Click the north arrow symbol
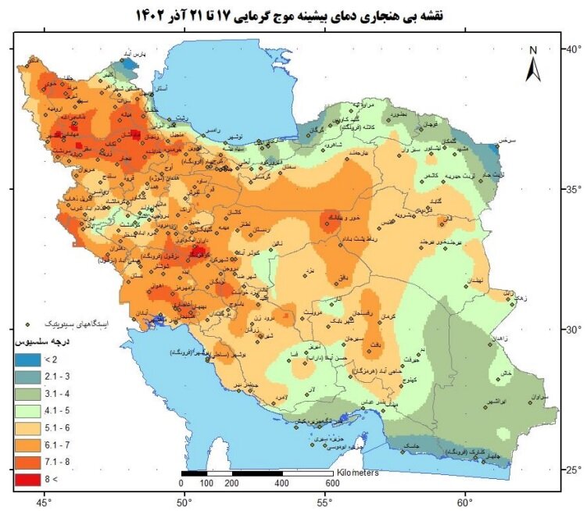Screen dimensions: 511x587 (533, 64)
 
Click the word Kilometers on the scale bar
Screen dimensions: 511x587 (359, 473)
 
